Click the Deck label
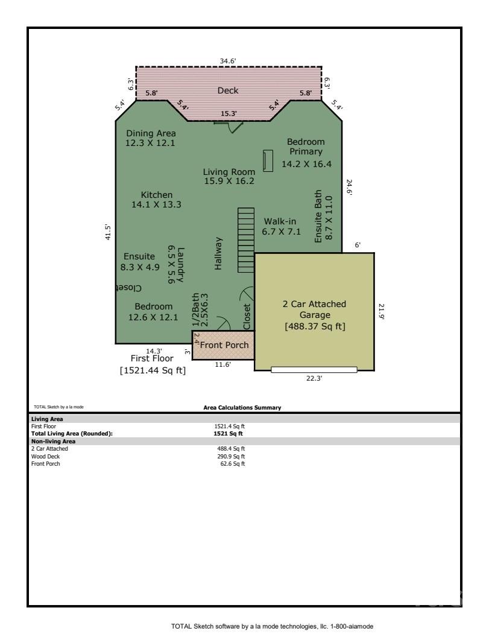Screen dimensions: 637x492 click(228, 90)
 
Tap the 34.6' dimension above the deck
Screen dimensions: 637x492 click(228, 60)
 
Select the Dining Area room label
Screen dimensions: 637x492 click(151, 138)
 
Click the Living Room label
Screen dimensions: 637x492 click(229, 177)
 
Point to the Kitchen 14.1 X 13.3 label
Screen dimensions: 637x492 click(157, 200)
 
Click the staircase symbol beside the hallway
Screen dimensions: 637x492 click(246, 240)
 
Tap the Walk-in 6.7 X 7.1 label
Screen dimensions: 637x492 click(280, 226)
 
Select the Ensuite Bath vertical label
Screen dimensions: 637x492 click(324, 216)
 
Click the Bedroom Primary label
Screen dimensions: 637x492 click(306, 153)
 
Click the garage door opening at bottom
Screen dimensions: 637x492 click(314, 369)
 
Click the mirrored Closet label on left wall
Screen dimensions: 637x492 click(129, 288)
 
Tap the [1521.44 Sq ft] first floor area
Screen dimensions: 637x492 click(153, 370)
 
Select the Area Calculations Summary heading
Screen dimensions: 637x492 click(242, 408)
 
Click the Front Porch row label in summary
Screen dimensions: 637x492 click(46, 463)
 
